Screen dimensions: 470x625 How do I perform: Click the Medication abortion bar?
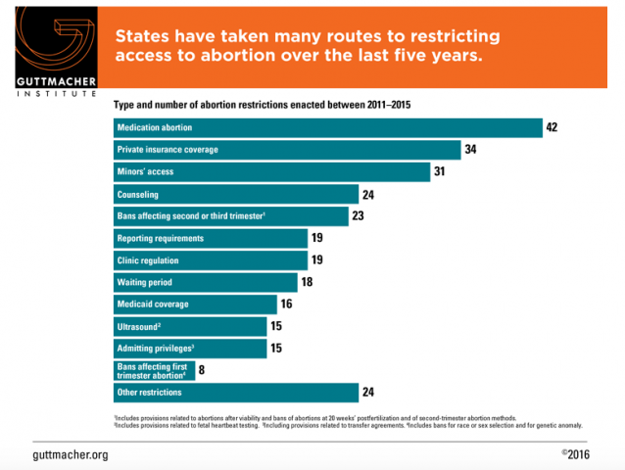coord(328,128)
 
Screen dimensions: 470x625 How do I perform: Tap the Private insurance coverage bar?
coord(287,150)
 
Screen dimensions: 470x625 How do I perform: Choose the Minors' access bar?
coord(272,172)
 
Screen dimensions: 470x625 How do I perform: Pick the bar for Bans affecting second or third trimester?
coord(231,216)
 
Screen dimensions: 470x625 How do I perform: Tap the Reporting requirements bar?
coord(212,238)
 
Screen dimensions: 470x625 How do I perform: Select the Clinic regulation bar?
coord(212,259)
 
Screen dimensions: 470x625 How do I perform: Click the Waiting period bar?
coord(207,282)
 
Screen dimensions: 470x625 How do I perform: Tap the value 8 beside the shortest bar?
coord(202,370)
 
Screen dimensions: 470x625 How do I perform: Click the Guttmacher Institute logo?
coord(49,49)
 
